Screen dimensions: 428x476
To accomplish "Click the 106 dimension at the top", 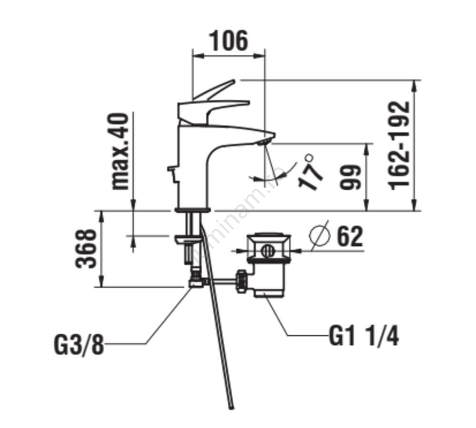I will (x=229, y=41).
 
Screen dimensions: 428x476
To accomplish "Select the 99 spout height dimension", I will (x=351, y=177).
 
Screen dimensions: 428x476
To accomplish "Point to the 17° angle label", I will (x=310, y=173).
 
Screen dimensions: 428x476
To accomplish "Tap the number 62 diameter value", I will (x=350, y=237).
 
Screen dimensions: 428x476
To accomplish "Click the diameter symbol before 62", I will (x=320, y=236).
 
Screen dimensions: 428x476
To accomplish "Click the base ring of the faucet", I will (x=193, y=209).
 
